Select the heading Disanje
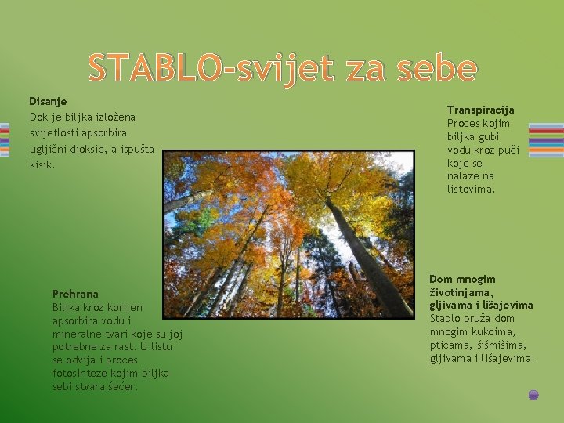click(x=48, y=101)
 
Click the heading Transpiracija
click(x=480, y=110)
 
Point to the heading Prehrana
click(x=75, y=293)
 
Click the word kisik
click(x=42, y=164)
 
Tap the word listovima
click(x=471, y=190)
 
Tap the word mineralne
click(x=76, y=333)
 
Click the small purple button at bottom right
click(x=533, y=395)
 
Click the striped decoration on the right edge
click(x=545, y=139)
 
